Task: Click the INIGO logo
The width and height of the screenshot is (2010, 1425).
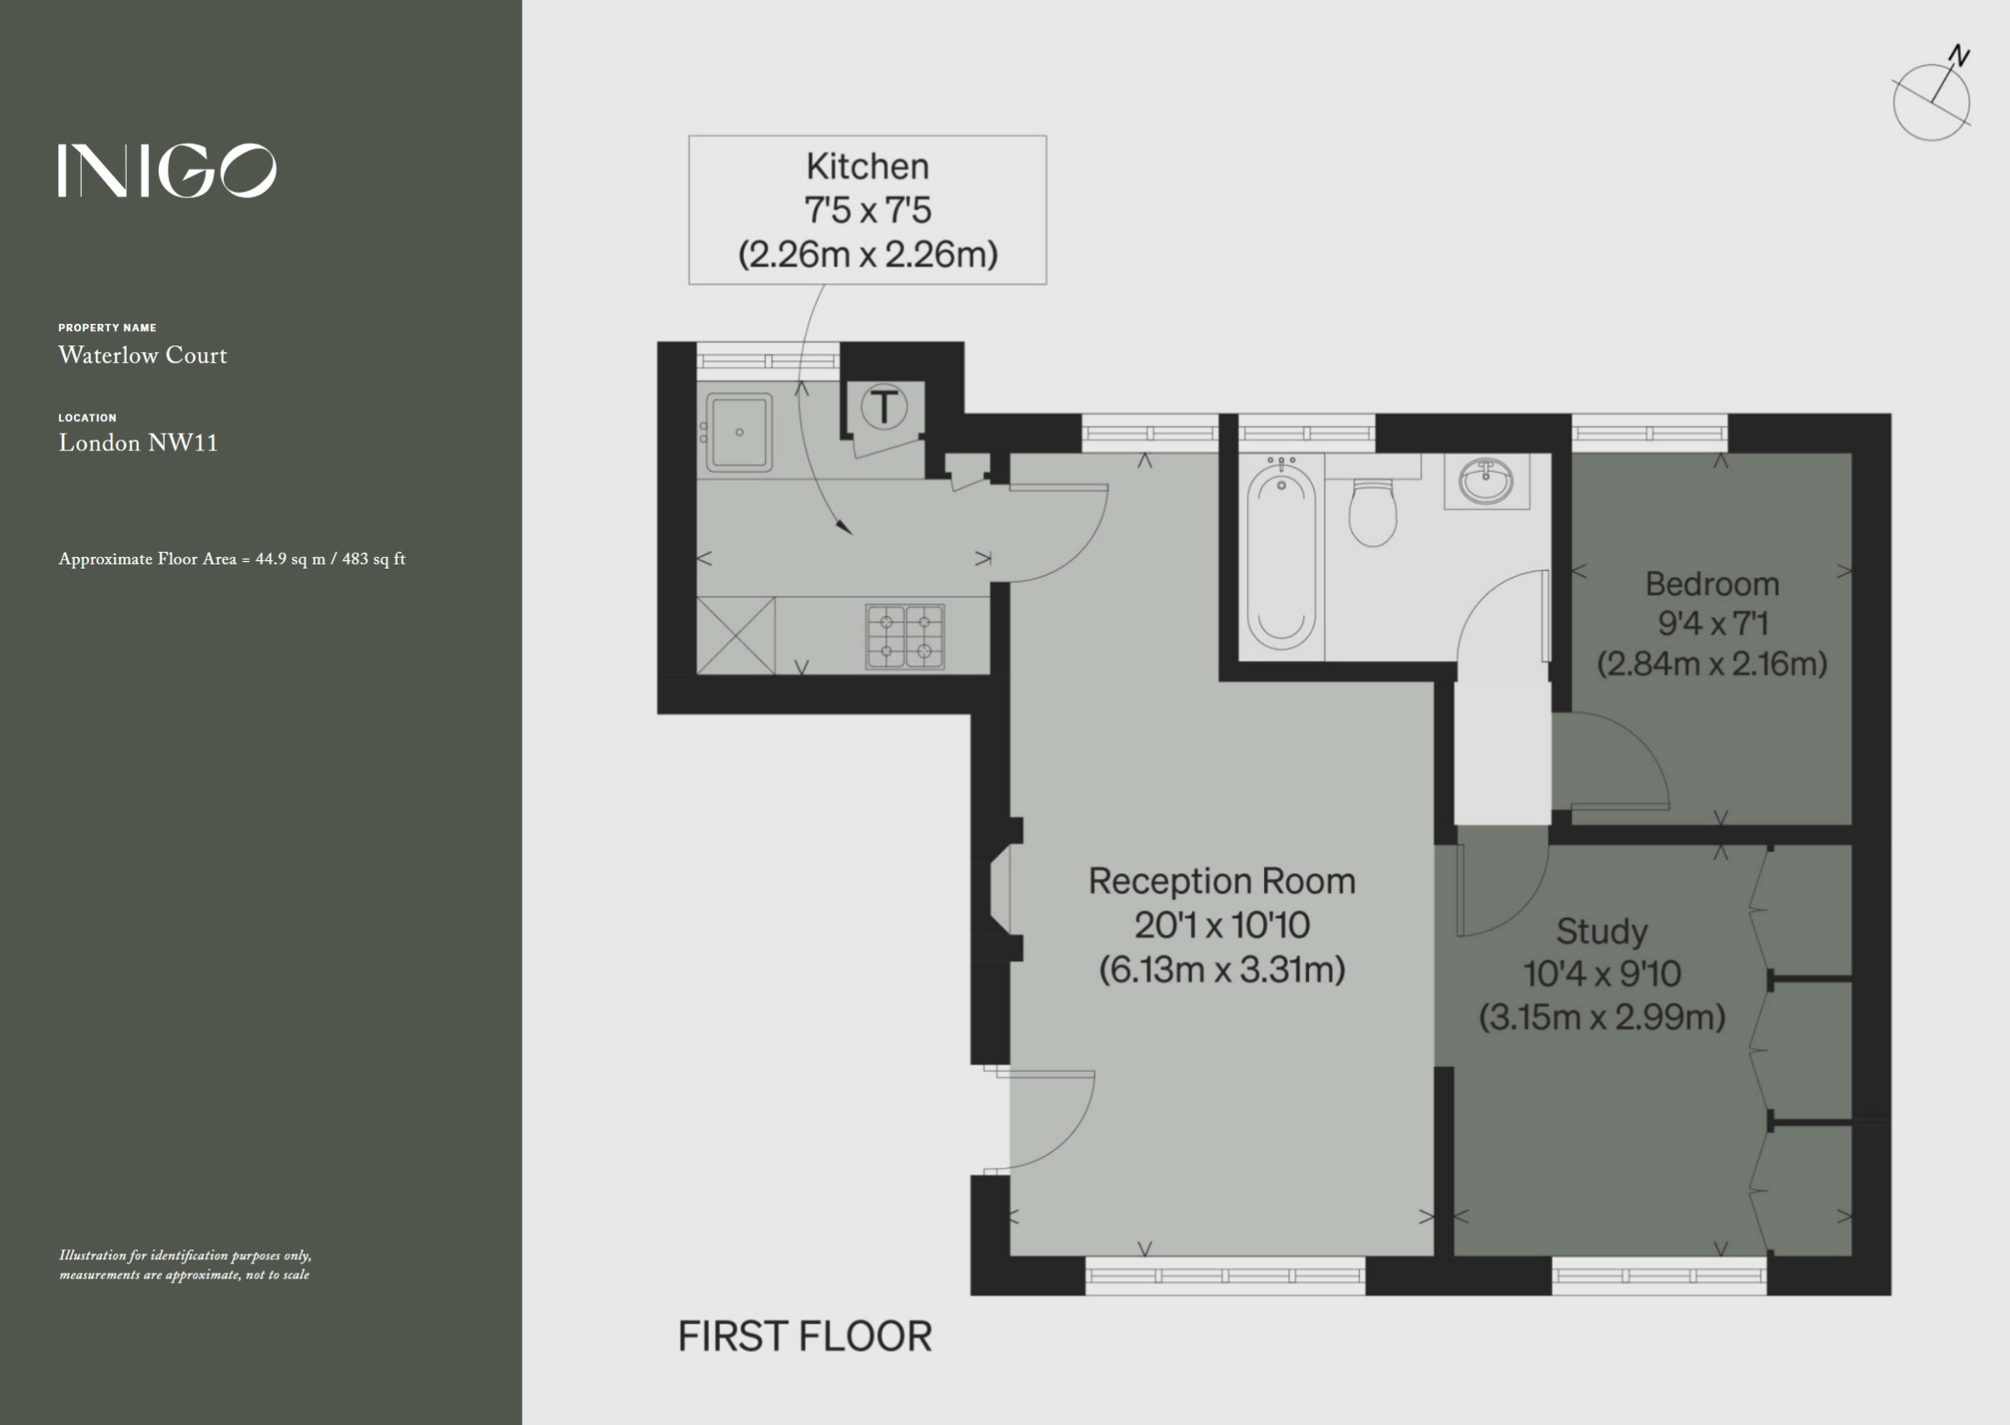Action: tap(167, 171)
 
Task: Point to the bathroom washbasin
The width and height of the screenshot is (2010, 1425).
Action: tap(1486, 481)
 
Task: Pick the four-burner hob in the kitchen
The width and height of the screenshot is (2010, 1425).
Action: tap(905, 636)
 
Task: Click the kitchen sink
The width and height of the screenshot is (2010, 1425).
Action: tap(739, 433)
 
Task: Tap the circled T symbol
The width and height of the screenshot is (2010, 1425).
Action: tap(884, 408)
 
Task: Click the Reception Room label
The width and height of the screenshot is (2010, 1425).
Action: tap(1221, 881)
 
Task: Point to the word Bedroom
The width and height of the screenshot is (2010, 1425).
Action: tap(1712, 584)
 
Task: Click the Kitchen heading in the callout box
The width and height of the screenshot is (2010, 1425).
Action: tap(867, 166)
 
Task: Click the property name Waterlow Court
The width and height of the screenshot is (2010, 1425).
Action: tap(143, 355)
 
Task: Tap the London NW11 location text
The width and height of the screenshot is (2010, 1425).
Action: tap(138, 443)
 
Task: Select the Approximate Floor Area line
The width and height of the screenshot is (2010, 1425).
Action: tap(231, 559)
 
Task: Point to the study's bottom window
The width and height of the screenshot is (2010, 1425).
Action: tap(1659, 1276)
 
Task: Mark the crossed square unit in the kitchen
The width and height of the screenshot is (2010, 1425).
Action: tap(735, 635)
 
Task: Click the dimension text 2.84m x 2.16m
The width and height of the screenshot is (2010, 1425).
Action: tap(1712, 663)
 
